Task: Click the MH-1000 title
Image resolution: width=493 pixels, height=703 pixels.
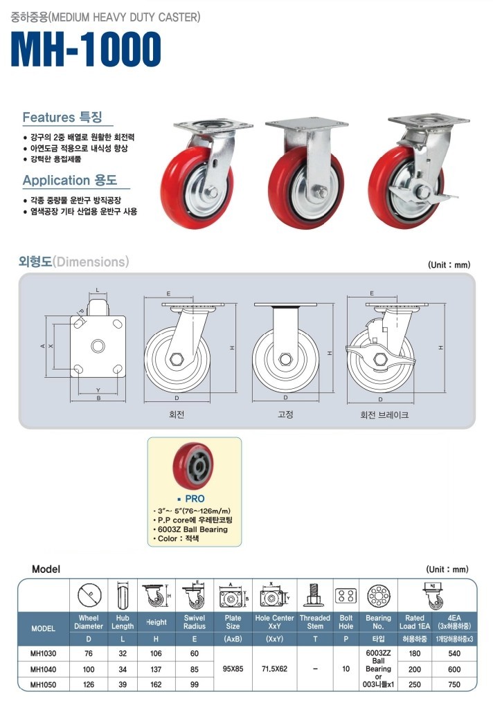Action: pyautogui.click(x=86, y=49)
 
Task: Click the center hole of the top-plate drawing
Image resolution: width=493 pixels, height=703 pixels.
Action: pyautogui.click(x=98, y=346)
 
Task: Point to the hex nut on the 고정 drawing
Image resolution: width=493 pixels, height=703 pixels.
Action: pyautogui.click(x=285, y=359)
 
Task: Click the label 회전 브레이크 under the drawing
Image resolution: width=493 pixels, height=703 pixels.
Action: pyautogui.click(x=384, y=415)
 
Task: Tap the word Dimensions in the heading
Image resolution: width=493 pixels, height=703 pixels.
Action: pyautogui.click(x=91, y=262)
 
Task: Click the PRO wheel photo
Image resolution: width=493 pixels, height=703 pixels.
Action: pyautogui.click(x=193, y=466)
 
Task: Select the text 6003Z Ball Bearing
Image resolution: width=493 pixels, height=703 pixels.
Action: pyautogui.click(x=193, y=529)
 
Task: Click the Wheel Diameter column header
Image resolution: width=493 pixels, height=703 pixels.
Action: pyautogui.click(x=89, y=622)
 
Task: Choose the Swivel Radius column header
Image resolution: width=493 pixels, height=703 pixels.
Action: pyautogui.click(x=195, y=622)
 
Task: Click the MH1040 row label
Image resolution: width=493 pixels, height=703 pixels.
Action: pyautogui.click(x=43, y=669)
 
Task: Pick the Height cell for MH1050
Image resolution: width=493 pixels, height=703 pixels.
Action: pyautogui.click(x=156, y=684)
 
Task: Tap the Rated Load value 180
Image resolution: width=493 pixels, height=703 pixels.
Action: pyautogui.click(x=415, y=654)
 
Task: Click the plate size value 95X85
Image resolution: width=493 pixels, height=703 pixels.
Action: pyautogui.click(x=233, y=669)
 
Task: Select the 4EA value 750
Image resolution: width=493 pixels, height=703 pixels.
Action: pyautogui.click(x=454, y=684)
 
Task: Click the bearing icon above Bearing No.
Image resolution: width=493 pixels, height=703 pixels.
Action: pyautogui.click(x=378, y=596)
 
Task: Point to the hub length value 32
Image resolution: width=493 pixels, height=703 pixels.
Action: pyautogui.click(x=123, y=654)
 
